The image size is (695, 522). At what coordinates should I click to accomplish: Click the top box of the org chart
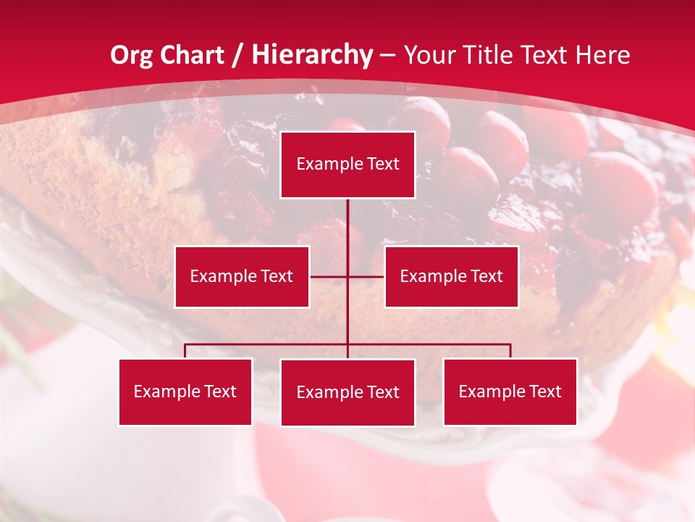[347, 165]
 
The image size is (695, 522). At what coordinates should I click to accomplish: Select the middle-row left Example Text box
[242, 276]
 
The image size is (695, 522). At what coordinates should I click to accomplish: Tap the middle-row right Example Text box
[451, 276]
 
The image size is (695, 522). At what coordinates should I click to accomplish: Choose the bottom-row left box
[185, 391]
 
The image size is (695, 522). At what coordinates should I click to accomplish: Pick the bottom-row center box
[347, 392]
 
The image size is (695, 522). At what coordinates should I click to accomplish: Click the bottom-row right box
[510, 391]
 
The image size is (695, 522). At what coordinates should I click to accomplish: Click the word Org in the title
[131, 55]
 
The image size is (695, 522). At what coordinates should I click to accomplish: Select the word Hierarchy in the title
[312, 55]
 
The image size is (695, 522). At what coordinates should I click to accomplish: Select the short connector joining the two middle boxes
[329, 276]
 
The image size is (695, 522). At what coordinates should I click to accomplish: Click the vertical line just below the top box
[347, 221]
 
